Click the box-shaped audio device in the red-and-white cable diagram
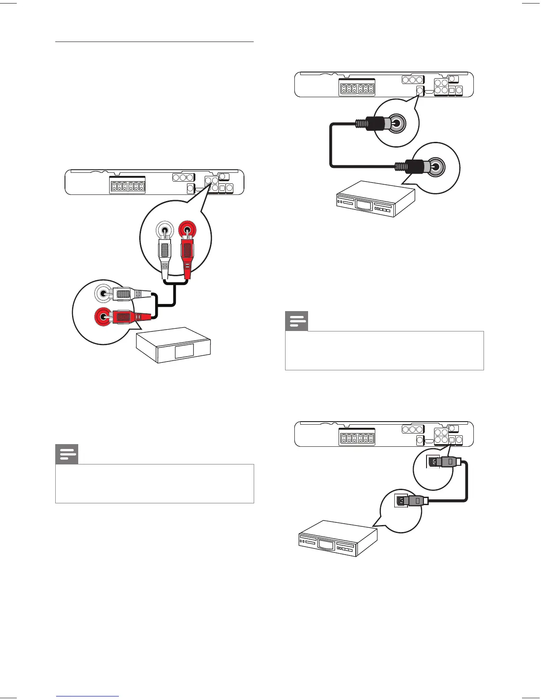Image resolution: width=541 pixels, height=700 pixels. (x=174, y=345)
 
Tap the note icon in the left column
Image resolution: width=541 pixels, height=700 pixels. (x=67, y=454)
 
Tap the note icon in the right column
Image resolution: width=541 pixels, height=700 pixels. (x=297, y=321)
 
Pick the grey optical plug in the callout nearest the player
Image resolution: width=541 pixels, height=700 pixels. (x=413, y=501)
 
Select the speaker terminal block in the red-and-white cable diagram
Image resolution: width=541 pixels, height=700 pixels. (x=127, y=187)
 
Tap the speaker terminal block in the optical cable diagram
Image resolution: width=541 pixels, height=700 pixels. (x=357, y=438)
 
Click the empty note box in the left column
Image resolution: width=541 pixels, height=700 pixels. (x=155, y=483)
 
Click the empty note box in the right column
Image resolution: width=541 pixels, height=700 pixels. (x=385, y=350)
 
